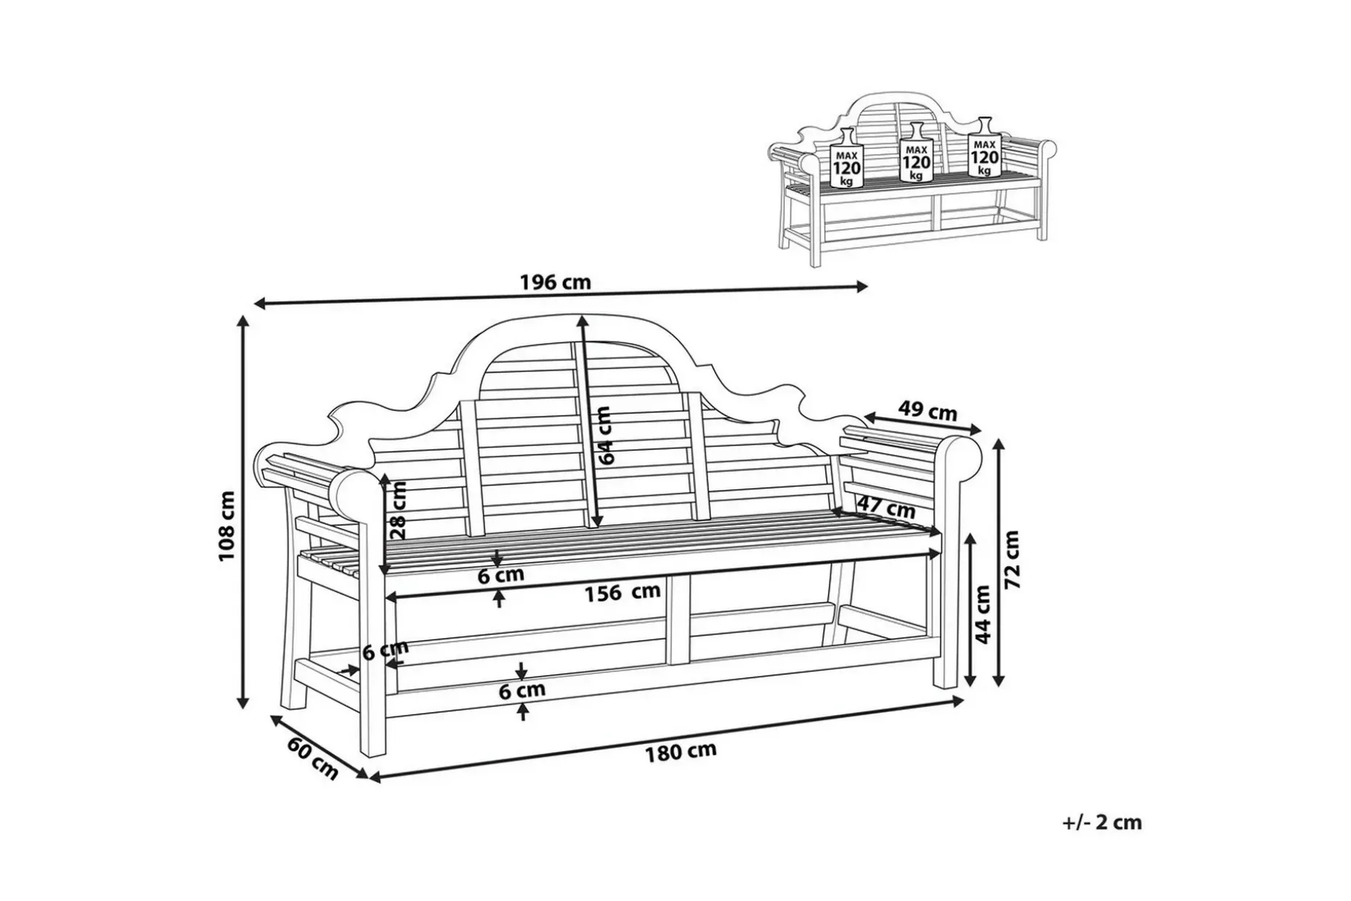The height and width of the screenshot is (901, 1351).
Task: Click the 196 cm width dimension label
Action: pos(556,282)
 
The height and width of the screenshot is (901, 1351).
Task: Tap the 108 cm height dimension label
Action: pos(227,526)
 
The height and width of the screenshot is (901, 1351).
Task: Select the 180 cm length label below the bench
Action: pos(681,751)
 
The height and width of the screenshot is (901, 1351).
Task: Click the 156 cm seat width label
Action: pos(622,592)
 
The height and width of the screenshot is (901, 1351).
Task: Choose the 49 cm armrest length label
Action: pos(928,411)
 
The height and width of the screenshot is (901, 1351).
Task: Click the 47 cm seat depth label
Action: pos(886,506)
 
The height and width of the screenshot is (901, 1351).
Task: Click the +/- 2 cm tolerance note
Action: pos(1102,823)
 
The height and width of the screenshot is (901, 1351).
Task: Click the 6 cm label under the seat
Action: pos(500,575)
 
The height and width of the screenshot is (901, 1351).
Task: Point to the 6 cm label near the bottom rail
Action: pos(522,690)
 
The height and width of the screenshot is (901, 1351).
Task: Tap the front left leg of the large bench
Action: pos(373,625)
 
